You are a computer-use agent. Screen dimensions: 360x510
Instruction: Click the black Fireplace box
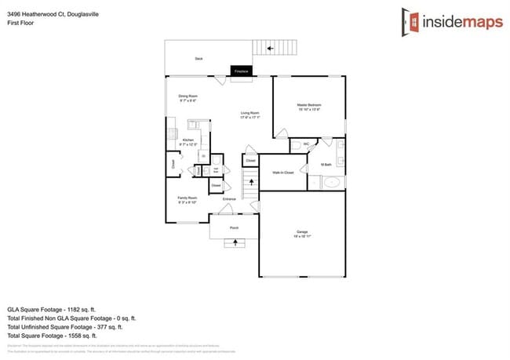(x=241, y=71)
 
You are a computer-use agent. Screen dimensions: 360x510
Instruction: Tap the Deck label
(x=198, y=59)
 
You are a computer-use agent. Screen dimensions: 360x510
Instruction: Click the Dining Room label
(x=188, y=97)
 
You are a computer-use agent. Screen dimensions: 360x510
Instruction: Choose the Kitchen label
(x=188, y=141)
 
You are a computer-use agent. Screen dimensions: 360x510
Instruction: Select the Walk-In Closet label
(x=283, y=173)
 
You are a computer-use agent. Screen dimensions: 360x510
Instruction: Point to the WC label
(x=306, y=144)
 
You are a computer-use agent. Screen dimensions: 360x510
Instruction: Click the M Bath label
(x=326, y=165)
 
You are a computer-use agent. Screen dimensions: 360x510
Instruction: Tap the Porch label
(x=234, y=228)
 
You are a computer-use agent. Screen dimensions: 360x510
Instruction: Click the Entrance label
(x=229, y=199)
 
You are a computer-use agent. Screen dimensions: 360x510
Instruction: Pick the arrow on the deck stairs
(x=271, y=49)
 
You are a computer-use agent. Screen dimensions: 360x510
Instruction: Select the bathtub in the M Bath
(x=333, y=184)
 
